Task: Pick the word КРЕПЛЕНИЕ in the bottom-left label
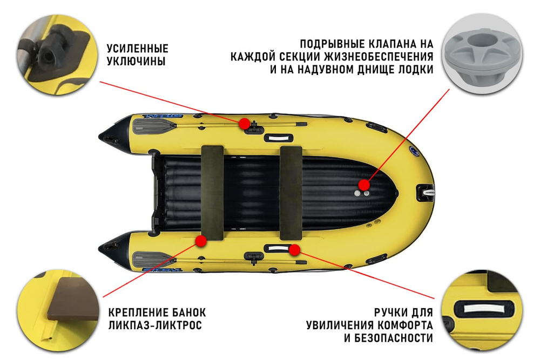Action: tap(134, 313)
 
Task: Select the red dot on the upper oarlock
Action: tap(244, 123)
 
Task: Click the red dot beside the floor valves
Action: tap(364, 185)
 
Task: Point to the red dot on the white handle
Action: tap(294, 249)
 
